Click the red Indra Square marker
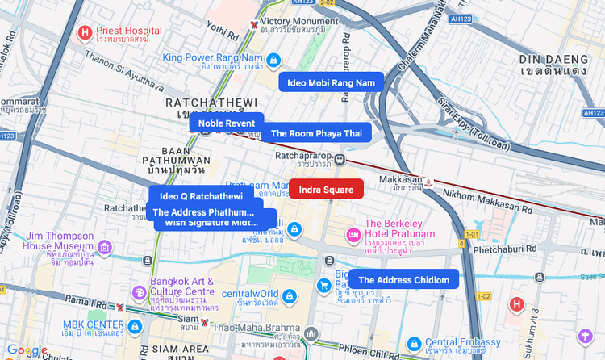click(x=326, y=190)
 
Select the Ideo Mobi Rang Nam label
click(x=330, y=82)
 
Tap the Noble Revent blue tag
click(x=227, y=123)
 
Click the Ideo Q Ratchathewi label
click(x=201, y=196)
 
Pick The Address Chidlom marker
click(x=403, y=279)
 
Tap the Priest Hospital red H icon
click(x=85, y=33)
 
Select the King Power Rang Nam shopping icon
click(x=273, y=59)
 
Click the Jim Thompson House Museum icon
click(x=104, y=246)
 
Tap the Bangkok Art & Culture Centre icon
click(x=138, y=291)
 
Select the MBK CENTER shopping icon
click(x=135, y=327)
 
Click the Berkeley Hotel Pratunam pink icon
click(x=353, y=234)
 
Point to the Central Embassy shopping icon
click(x=414, y=344)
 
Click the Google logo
click(x=27, y=350)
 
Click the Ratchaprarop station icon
click(x=340, y=159)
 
